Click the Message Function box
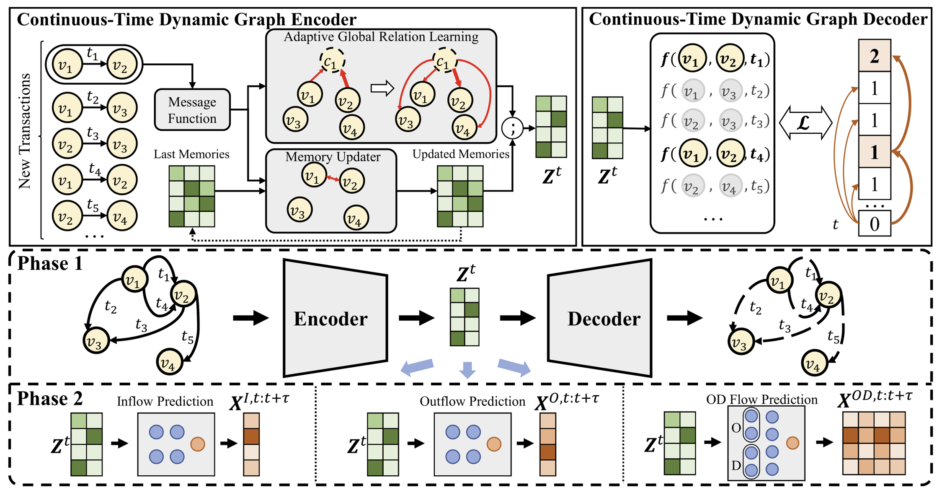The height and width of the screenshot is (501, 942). [192, 110]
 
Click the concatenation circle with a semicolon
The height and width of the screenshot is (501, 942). [512, 128]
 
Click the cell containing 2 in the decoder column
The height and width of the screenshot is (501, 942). [874, 56]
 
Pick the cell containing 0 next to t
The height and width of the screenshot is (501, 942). [874, 223]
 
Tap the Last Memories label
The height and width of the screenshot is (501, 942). [191, 154]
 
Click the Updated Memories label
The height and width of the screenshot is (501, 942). [460, 154]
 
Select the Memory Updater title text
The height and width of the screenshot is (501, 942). [333, 157]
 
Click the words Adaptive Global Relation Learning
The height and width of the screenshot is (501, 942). [381, 37]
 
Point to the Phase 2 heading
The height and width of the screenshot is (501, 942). [49, 398]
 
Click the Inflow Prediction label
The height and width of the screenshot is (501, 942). [165, 401]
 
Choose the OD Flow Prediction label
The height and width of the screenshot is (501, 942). [761, 399]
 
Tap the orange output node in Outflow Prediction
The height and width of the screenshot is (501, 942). [494, 444]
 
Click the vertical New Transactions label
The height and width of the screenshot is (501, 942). [25, 131]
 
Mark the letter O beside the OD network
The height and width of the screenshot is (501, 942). [736, 428]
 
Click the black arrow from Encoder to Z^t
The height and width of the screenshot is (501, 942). [416, 318]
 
